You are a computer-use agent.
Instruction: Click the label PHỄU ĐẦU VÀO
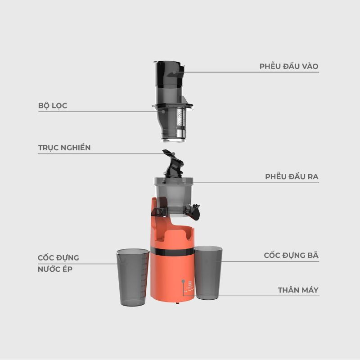coord(289,66)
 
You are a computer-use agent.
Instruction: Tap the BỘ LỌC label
coord(53,106)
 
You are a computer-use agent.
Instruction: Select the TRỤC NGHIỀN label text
coord(64,148)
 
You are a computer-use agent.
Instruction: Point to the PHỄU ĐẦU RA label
coord(292,176)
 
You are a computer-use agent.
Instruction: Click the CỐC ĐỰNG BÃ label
coord(291,255)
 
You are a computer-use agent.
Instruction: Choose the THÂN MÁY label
coord(298,290)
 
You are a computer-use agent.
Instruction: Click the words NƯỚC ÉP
coord(55,269)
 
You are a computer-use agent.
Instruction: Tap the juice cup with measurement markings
coord(133,277)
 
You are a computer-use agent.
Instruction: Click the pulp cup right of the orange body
coord(208,273)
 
